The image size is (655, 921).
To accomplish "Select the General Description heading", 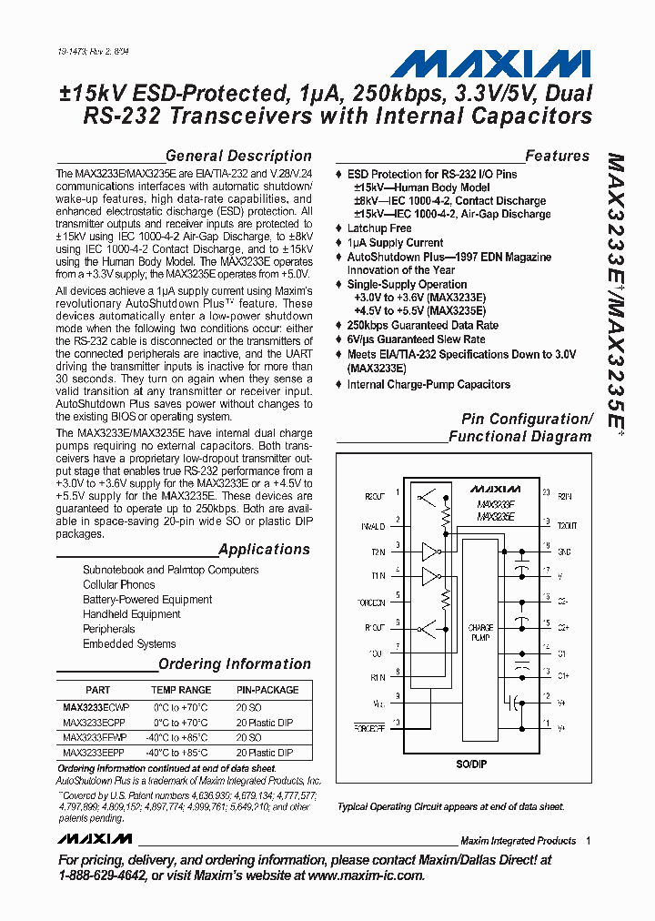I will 238,156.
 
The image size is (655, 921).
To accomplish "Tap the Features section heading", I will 557,156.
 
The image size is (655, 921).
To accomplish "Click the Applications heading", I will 264,549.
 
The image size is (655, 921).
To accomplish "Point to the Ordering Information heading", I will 235,663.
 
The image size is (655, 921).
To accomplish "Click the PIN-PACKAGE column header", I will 267,690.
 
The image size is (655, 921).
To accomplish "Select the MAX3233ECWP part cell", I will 96,706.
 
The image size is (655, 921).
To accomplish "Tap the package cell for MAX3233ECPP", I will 265,722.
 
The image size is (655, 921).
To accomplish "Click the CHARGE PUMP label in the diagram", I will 480,633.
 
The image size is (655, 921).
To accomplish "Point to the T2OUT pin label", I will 566,525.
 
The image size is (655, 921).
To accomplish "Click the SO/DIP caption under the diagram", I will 472,764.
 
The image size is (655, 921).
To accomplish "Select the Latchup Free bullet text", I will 379,228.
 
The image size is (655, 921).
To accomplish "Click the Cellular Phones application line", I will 118,584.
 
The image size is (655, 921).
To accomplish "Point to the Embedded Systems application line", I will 129,643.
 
